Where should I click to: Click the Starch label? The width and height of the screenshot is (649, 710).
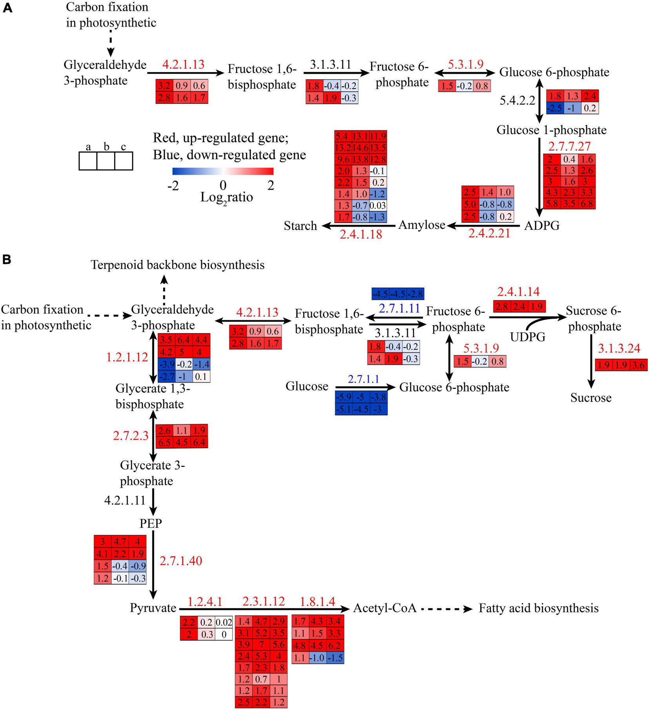point(300,226)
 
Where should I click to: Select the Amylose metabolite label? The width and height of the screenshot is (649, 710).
point(422,225)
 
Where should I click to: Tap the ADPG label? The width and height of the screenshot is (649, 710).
point(542,225)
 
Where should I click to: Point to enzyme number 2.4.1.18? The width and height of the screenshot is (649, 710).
point(361,234)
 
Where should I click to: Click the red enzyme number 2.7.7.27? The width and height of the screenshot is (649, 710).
point(569,146)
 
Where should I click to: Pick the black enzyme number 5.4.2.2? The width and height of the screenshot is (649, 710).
point(517,101)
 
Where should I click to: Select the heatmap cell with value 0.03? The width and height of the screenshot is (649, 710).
point(378,206)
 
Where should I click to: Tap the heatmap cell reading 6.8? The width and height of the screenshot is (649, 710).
point(587,204)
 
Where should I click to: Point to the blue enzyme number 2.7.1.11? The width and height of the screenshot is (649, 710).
point(400,307)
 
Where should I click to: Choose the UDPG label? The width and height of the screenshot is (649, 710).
point(528,337)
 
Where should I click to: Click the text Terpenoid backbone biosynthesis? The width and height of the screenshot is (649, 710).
point(178,265)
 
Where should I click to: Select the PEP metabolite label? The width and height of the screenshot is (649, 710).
point(151,523)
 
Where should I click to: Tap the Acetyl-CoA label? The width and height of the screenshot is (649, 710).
point(384,608)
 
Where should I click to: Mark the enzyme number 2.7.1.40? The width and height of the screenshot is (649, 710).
point(181,561)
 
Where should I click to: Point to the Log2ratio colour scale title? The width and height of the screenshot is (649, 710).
point(226,197)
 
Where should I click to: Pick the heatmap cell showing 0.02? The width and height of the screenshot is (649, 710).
point(224,622)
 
